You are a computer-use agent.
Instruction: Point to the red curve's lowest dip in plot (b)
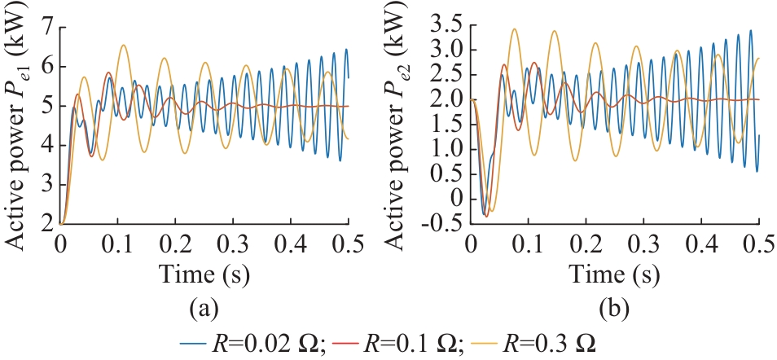coord(487,216)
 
